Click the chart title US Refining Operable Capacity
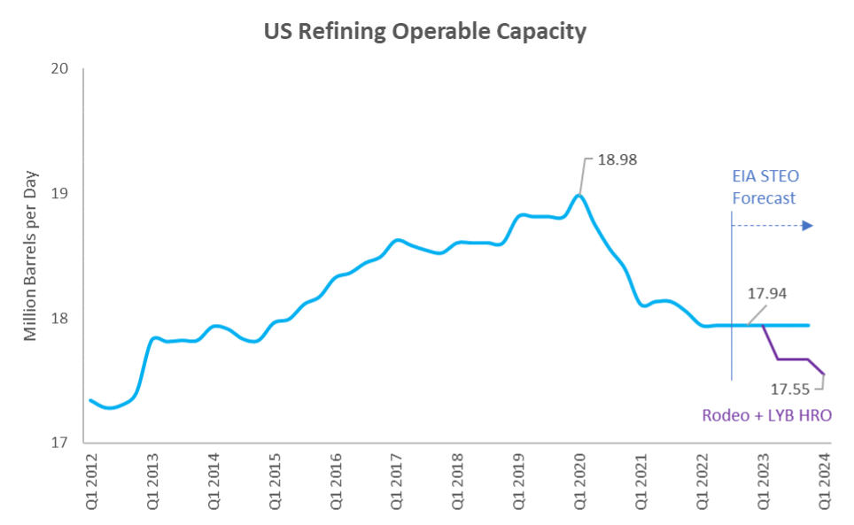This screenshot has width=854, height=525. tap(425, 32)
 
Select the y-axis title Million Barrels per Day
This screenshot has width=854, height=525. tap(32, 254)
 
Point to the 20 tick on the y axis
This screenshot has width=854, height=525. tap(61, 69)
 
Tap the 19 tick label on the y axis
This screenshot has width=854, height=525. tap(61, 194)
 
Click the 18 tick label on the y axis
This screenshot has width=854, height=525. tap(61, 319)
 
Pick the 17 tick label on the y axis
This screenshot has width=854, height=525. tap(61, 443)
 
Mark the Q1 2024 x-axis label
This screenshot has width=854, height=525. tap(823, 482)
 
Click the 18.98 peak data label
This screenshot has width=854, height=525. tap(617, 160)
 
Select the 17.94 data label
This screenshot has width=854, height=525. tap(767, 293)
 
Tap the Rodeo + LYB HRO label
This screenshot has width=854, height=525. tap(766, 414)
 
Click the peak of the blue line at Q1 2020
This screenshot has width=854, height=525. tap(578, 195)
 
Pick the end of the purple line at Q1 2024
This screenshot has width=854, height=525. tap(824, 374)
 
